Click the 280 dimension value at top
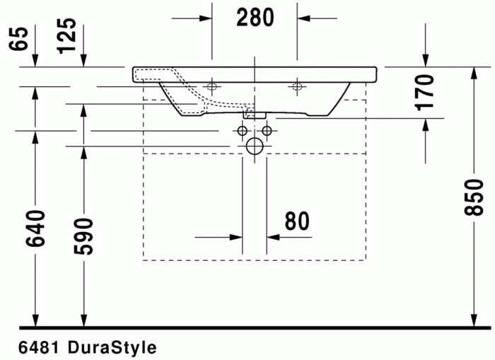pos(255,18)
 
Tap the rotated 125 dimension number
pos(66,35)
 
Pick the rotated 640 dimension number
pos(35,228)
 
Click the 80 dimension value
pos(297,221)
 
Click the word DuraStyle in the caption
pos(112,348)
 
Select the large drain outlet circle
pos(255,146)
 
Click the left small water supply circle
pos(243,132)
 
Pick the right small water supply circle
pos(267,132)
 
